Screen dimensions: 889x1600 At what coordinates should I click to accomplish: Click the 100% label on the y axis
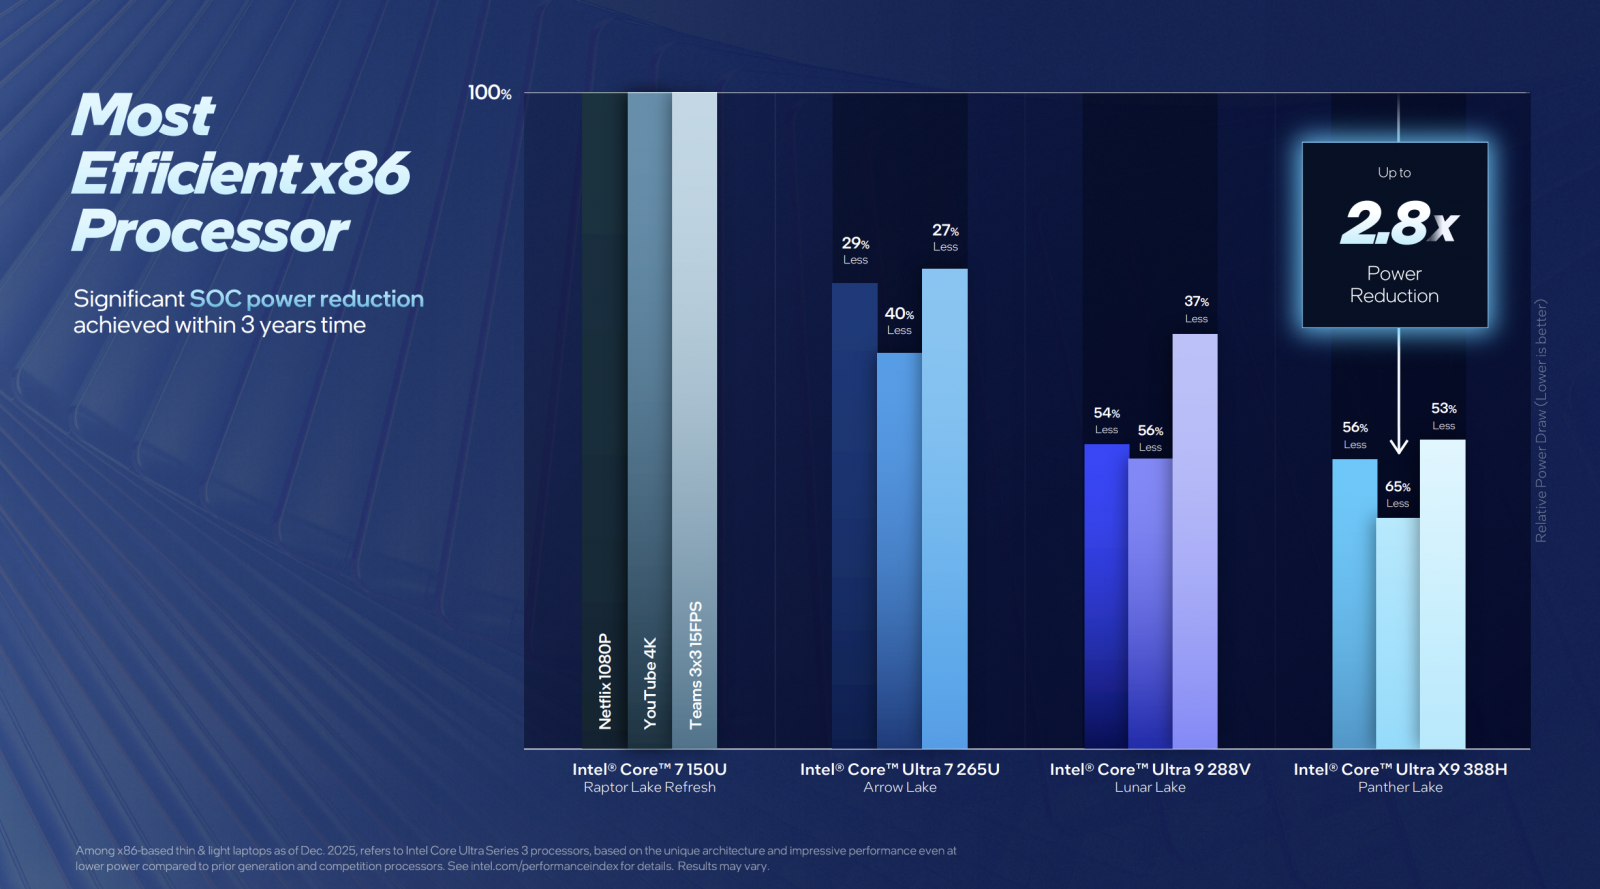(x=489, y=93)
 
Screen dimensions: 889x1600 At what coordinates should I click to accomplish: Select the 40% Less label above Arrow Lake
(x=899, y=321)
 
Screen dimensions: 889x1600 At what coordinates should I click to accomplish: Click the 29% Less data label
(x=855, y=250)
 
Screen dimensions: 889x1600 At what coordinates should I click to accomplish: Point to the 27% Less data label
(x=945, y=237)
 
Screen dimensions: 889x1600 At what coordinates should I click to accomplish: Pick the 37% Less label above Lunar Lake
(x=1196, y=309)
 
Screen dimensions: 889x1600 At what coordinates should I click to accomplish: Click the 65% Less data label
(x=1397, y=494)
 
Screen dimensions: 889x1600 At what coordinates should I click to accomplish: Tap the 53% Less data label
(x=1443, y=416)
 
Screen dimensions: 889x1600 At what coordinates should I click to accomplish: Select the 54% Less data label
(x=1106, y=420)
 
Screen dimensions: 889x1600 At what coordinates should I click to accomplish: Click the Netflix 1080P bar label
(x=605, y=680)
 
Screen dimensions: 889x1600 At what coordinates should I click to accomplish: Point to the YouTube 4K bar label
(x=650, y=682)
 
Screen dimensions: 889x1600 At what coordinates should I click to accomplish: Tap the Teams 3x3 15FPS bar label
(x=696, y=664)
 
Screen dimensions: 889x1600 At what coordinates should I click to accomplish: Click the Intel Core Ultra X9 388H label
(x=1400, y=769)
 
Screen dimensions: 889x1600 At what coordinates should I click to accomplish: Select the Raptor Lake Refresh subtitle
(x=649, y=787)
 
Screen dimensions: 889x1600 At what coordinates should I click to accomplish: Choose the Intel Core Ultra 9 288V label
(x=1150, y=769)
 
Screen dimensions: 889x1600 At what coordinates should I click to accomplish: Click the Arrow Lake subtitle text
(x=900, y=787)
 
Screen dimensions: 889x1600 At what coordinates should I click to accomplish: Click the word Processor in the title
(x=210, y=231)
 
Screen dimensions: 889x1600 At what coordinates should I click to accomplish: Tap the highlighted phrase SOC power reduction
(x=306, y=299)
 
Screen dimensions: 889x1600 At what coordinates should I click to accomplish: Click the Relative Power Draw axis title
(x=1541, y=420)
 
